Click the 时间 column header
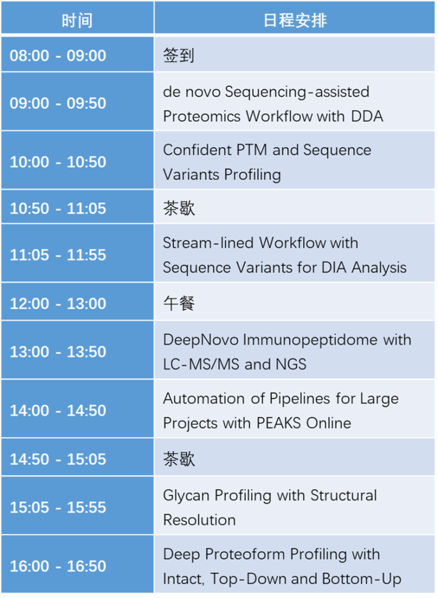click(x=77, y=20)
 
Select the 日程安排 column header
click(x=295, y=20)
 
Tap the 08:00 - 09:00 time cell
click(x=58, y=55)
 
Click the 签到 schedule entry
click(x=179, y=55)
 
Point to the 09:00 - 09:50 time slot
click(x=58, y=103)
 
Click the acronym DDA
click(x=367, y=116)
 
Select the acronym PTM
click(x=252, y=150)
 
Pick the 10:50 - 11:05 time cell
click(x=58, y=208)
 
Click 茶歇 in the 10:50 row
click(x=179, y=208)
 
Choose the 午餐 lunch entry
click(x=179, y=303)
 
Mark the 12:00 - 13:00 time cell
click(x=58, y=304)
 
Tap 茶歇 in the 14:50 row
click(x=179, y=459)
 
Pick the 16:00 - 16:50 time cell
click(x=58, y=566)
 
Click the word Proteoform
click(x=245, y=555)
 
